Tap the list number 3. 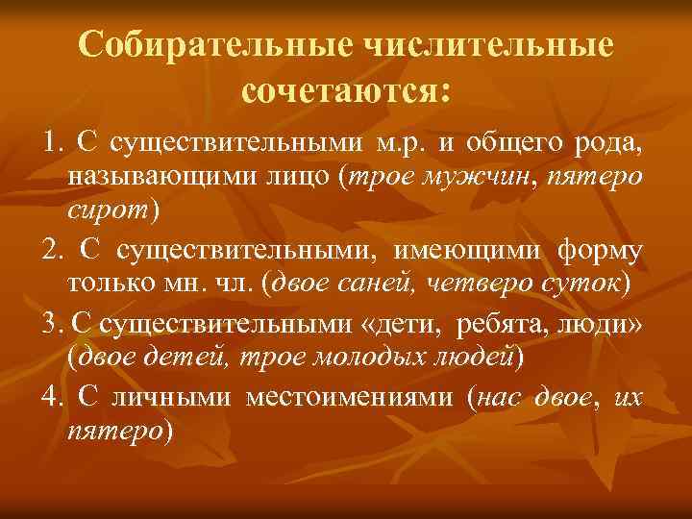tap(49, 322)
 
